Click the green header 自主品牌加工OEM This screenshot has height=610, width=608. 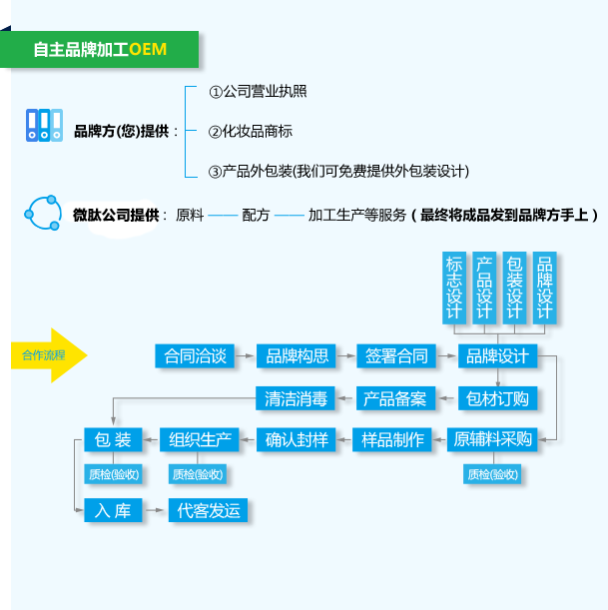[x=100, y=49]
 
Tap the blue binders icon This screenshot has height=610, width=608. [x=43, y=125]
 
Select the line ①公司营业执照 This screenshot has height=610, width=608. [x=258, y=91]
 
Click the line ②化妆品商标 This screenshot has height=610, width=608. [x=251, y=131]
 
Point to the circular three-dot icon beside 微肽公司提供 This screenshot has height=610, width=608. [x=43, y=213]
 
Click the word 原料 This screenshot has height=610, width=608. [x=190, y=215]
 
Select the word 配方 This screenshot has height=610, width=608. [x=256, y=215]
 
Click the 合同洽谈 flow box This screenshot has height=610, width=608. [x=196, y=355]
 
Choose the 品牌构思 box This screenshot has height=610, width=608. [x=297, y=355]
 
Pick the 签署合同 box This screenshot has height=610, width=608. [x=396, y=355]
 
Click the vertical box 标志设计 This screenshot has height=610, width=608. [x=454, y=288]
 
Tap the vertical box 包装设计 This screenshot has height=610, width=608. [x=514, y=288]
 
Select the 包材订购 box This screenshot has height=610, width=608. [x=497, y=398]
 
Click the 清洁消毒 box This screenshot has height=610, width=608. [x=296, y=398]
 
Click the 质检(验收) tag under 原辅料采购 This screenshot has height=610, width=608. [x=492, y=474]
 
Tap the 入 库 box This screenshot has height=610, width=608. [x=114, y=510]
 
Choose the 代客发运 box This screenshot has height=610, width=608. [x=209, y=510]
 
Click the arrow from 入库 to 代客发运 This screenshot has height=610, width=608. [x=155, y=510]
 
